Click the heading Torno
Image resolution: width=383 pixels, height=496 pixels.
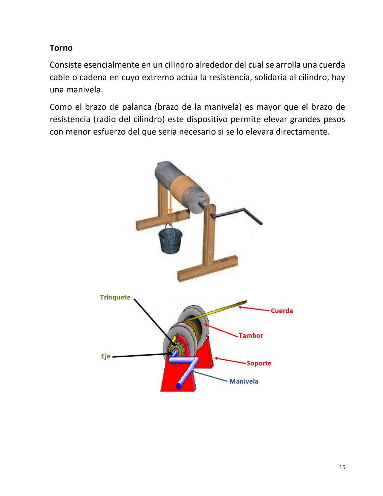tap(61, 48)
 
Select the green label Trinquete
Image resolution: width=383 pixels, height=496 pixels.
tap(115, 297)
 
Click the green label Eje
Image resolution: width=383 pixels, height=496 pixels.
tap(106, 356)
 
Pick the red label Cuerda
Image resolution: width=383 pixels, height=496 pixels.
tap(282, 311)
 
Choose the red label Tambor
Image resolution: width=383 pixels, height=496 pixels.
tap(251, 335)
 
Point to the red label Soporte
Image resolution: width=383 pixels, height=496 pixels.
tap(259, 363)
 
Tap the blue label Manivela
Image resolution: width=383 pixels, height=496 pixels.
tap(244, 381)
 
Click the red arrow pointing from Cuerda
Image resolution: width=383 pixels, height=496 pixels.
tap(254, 309)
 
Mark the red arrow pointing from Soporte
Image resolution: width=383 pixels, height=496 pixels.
tap(230, 360)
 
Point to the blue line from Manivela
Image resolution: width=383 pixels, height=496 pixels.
tap(211, 376)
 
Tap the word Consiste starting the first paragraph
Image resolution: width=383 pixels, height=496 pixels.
tap(65, 65)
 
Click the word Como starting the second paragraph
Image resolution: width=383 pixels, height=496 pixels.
tap(61, 107)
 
